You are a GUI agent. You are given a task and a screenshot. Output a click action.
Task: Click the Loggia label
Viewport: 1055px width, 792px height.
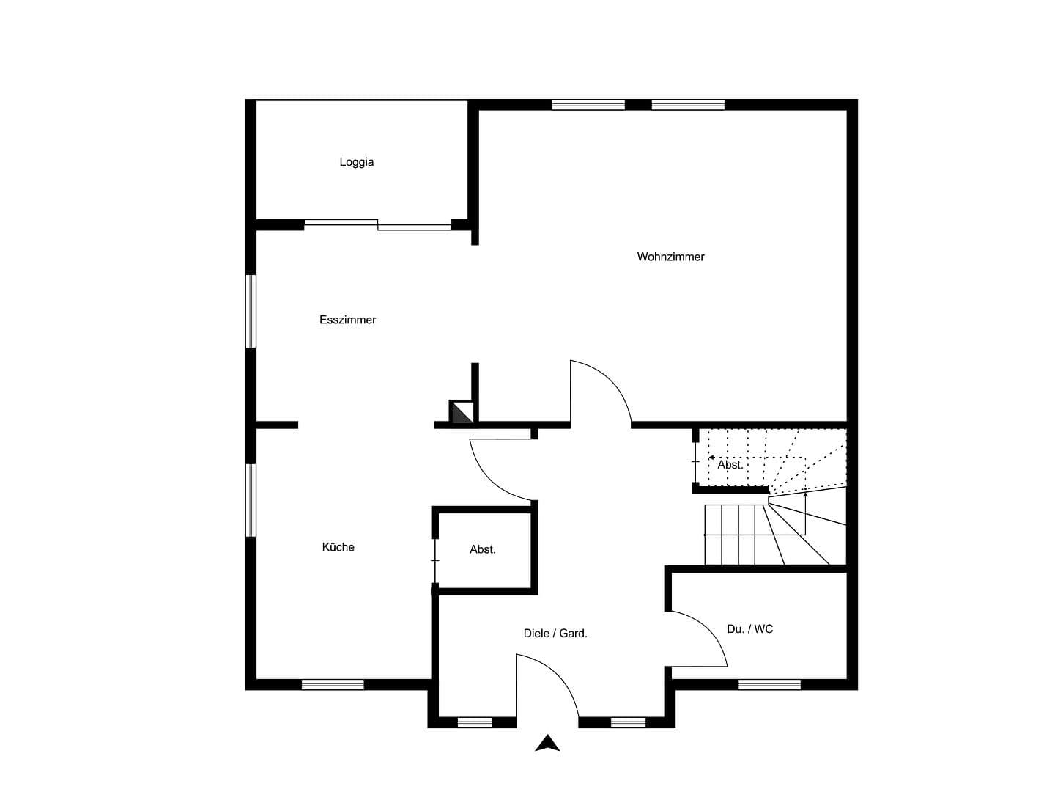pyautogui.click(x=357, y=162)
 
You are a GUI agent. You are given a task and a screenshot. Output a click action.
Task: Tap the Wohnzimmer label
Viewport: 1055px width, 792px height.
pyautogui.click(x=670, y=257)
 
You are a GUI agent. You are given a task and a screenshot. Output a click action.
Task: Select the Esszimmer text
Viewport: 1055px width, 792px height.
pyautogui.click(x=348, y=320)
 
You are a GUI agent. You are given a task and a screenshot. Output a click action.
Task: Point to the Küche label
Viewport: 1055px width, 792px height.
pyautogui.click(x=338, y=547)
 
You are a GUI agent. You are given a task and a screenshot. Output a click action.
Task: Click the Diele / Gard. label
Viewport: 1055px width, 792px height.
pyautogui.click(x=555, y=634)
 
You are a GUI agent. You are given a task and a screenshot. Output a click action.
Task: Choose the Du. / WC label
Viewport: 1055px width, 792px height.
pyautogui.click(x=749, y=629)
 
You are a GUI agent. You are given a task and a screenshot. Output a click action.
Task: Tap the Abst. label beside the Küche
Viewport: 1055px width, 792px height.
pyautogui.click(x=483, y=549)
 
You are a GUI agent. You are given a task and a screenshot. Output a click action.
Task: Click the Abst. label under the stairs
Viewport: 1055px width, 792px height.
pyautogui.click(x=730, y=465)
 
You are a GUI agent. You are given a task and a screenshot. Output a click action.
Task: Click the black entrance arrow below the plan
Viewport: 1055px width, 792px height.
pyautogui.click(x=547, y=744)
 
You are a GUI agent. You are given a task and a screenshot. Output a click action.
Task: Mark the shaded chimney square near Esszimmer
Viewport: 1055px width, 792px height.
pyautogui.click(x=461, y=412)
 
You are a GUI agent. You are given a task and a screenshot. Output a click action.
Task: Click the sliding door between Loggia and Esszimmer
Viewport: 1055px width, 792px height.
pyautogui.click(x=378, y=224)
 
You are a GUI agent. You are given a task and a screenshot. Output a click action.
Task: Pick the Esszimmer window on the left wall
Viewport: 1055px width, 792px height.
pyautogui.click(x=251, y=311)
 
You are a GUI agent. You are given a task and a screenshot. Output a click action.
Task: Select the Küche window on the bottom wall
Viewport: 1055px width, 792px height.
pyautogui.click(x=333, y=685)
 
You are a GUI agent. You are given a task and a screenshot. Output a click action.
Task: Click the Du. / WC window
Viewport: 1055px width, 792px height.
pyautogui.click(x=769, y=685)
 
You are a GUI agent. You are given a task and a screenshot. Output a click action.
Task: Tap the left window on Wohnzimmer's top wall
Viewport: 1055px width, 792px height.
pyautogui.click(x=588, y=105)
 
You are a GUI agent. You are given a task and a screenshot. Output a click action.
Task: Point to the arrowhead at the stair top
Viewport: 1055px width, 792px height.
pyautogui.click(x=712, y=458)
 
